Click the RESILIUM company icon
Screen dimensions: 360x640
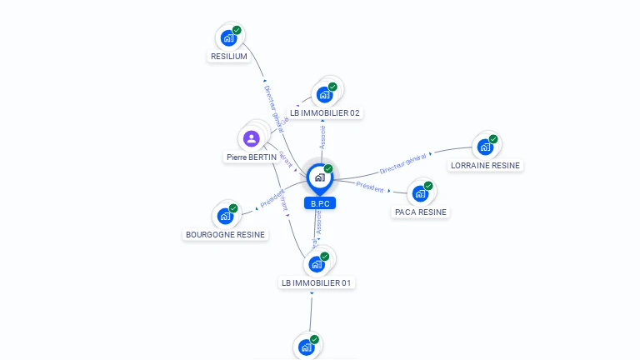point(227,38)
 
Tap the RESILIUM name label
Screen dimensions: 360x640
point(228,57)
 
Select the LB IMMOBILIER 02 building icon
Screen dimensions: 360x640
point(323,94)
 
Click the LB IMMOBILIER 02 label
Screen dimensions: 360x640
point(326,112)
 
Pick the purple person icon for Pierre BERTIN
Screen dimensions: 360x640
point(252,138)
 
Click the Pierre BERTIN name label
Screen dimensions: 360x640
point(251,157)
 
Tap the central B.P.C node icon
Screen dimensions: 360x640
point(319,177)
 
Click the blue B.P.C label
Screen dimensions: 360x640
point(319,203)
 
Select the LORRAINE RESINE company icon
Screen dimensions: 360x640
point(484,147)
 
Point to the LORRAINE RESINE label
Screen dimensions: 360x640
point(485,165)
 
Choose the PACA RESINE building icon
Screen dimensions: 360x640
point(420,193)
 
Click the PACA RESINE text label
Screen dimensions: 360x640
point(421,212)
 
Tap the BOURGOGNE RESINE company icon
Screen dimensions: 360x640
point(225,216)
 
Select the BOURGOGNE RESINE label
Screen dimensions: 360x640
point(225,234)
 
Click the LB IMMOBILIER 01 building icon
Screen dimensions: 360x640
point(316,264)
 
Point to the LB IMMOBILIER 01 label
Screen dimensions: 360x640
point(317,282)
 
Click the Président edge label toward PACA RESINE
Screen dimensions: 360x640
point(370,187)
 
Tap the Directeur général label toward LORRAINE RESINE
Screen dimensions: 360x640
point(403,163)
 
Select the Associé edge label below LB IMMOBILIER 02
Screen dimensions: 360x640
point(322,137)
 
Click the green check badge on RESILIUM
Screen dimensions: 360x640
point(237,30)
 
